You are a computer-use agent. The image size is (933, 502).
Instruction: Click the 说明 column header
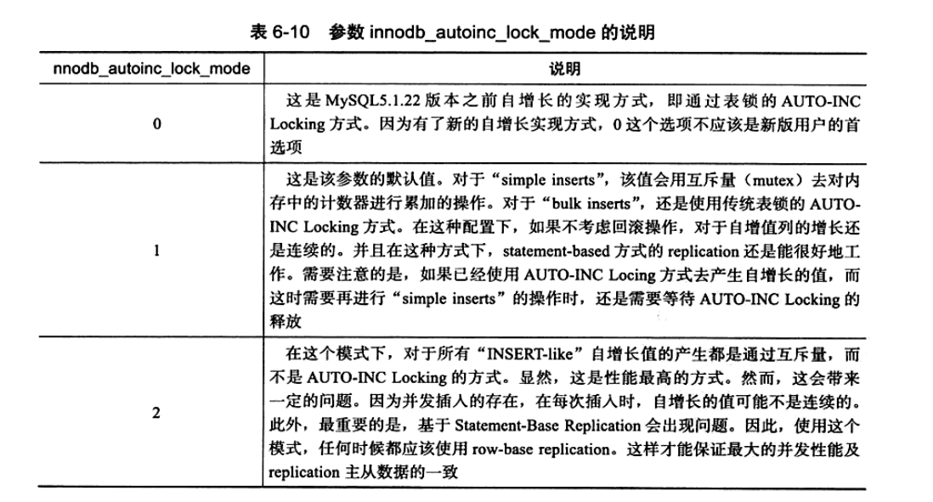click(x=564, y=68)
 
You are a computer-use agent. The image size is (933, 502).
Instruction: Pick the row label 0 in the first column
click(x=156, y=124)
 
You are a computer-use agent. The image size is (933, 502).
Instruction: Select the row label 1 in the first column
click(x=156, y=252)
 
